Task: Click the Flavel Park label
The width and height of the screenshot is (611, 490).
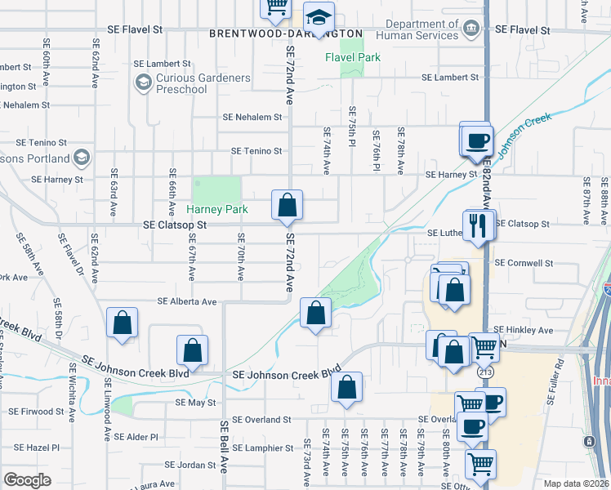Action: coord(353,58)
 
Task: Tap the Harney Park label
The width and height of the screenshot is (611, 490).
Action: coord(220,209)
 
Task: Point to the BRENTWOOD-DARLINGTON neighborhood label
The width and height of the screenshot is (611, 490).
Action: coord(286,33)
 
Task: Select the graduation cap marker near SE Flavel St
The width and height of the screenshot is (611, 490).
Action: coord(319,17)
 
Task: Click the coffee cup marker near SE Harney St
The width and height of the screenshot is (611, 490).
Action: coord(475,140)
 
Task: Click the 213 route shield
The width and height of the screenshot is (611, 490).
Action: coord(486,372)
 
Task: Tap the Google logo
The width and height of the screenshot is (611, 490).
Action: coord(27,480)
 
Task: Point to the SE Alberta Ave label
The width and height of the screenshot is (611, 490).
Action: coord(188,301)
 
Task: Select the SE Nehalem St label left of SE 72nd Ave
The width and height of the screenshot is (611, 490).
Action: coord(252,117)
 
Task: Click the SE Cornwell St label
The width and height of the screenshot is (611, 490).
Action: coord(524,263)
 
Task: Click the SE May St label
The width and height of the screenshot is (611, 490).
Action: coord(195,403)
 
